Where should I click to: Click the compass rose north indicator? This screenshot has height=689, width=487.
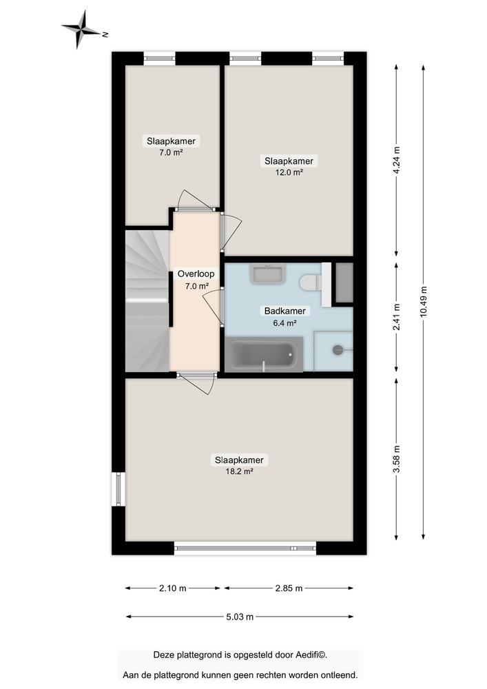[105, 33]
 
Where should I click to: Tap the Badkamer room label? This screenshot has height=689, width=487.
[280, 311]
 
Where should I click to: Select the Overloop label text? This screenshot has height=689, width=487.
[196, 274]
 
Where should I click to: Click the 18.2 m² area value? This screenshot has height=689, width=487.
[239, 471]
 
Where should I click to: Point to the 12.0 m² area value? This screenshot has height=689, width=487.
[289, 172]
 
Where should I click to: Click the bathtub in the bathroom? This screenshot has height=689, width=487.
[264, 354]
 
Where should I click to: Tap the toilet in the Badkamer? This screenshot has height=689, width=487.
[311, 282]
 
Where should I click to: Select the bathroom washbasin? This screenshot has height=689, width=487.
[267, 274]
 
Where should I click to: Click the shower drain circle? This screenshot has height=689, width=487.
[338, 350]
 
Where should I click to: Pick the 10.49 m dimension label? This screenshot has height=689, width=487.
[423, 301]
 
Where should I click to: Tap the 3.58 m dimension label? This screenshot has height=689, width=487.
[396, 457]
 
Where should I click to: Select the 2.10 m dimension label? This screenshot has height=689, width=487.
[173, 588]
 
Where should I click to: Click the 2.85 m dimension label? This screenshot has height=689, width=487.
[289, 588]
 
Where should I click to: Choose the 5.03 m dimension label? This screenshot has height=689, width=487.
[239, 617]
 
